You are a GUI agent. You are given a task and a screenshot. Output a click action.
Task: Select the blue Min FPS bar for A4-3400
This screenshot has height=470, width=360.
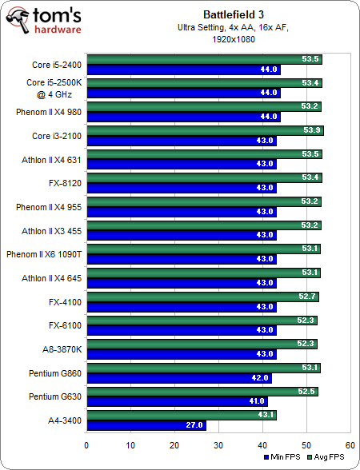pyautogui.click(x=146, y=425)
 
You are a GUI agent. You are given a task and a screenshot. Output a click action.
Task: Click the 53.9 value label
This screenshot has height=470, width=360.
pyautogui.click(x=311, y=129)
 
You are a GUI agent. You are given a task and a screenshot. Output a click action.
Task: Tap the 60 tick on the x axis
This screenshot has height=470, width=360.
pyautogui.click(x=350, y=444)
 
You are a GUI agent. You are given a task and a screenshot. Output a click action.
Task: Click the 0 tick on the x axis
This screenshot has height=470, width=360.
pyautogui.click(x=86, y=444)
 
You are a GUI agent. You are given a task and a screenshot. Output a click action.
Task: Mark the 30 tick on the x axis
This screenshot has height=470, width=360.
pyautogui.click(x=218, y=444)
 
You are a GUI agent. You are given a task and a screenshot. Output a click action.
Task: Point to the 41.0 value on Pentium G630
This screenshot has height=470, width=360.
pyautogui.click(x=256, y=402)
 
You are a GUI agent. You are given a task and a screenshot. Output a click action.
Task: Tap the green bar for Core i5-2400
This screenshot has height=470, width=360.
pyautogui.click(x=203, y=58)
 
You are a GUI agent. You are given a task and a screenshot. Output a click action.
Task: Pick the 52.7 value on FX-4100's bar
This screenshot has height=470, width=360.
pyautogui.click(x=306, y=296)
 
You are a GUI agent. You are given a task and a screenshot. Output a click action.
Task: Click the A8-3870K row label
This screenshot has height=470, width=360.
pyautogui.click(x=58, y=349)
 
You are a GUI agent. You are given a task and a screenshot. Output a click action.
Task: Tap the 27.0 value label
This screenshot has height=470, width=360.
pyautogui.click(x=194, y=425)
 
